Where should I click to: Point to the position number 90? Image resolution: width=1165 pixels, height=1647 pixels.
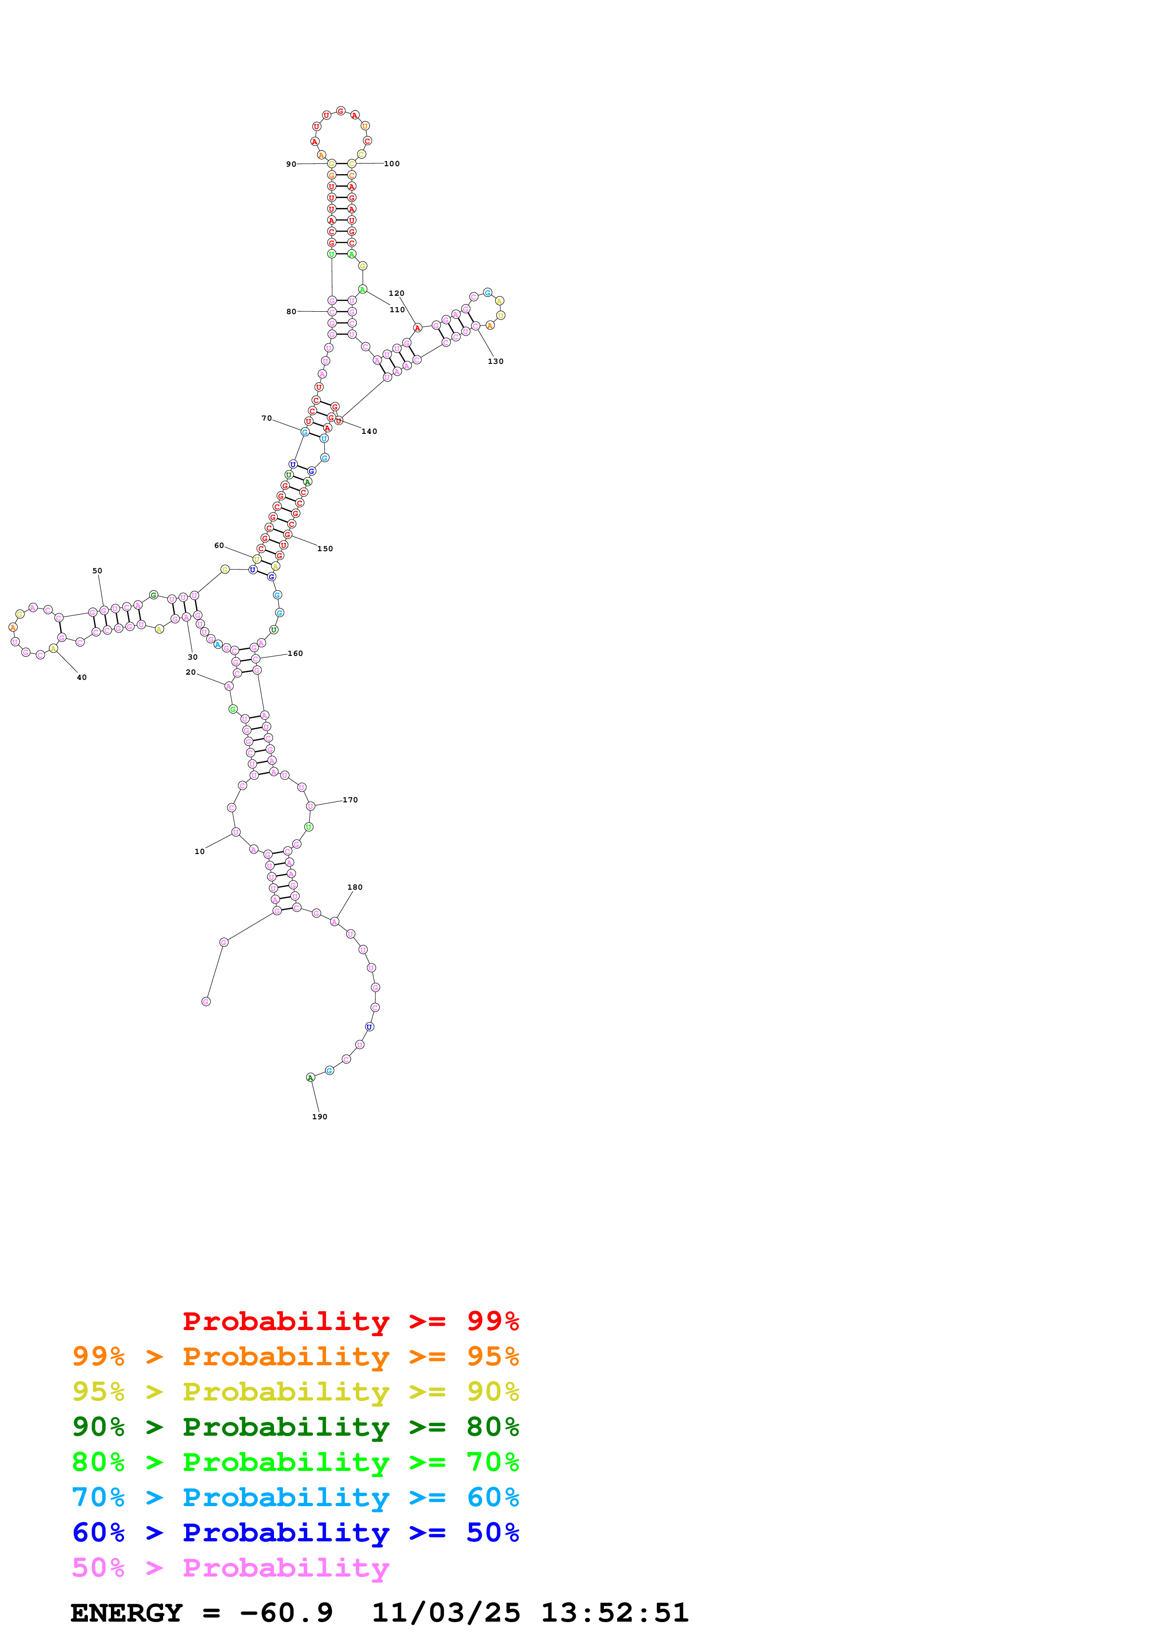(291, 164)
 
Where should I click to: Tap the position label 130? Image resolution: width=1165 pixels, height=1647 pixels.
(495, 362)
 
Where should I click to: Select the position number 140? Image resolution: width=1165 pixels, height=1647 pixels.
(369, 431)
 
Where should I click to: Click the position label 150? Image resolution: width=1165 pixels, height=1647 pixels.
(325, 549)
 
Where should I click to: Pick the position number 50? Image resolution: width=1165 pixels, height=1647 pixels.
(97, 571)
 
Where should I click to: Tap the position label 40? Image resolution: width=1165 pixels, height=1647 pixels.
(82, 677)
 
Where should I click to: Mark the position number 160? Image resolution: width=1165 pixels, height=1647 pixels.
(295, 654)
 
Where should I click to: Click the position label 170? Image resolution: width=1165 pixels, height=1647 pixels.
(350, 800)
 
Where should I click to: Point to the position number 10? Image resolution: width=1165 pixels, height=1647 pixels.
(200, 852)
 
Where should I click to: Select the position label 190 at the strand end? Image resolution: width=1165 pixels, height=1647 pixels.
(320, 1117)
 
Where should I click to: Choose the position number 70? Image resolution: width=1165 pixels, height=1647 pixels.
(266, 418)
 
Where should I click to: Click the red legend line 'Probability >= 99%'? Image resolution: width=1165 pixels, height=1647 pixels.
(350, 1321)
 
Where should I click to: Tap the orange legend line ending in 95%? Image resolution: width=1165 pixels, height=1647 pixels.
(295, 1356)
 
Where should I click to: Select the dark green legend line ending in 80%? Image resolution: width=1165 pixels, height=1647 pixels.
(295, 1427)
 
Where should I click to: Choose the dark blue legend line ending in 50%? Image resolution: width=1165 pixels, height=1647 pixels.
(295, 1532)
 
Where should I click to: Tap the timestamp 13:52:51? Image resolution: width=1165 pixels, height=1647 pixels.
(614, 1613)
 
